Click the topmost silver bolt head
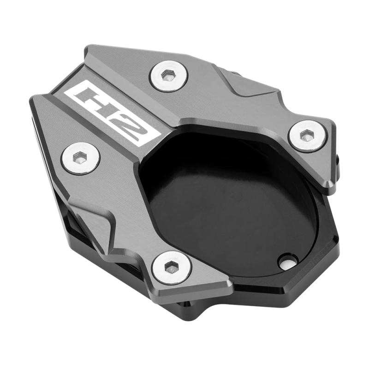click(169, 76)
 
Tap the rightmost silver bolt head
click(307, 136)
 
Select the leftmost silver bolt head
click(80, 158)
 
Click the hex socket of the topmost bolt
click(168, 75)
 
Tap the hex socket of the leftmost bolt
click(79, 157)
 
